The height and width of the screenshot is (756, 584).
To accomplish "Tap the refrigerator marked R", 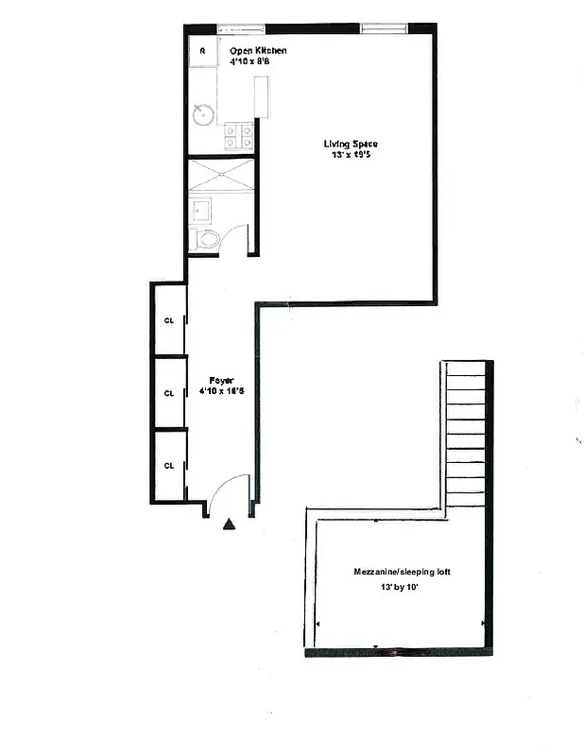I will pyautogui.click(x=202, y=51).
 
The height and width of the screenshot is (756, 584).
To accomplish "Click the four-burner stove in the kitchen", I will pyautogui.click(x=237, y=138).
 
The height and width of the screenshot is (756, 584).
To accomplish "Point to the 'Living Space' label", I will pyautogui.click(x=351, y=144).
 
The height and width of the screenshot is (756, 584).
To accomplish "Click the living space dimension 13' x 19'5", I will pyautogui.click(x=351, y=156).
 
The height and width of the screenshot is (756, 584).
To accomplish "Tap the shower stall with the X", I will pyautogui.click(x=221, y=175).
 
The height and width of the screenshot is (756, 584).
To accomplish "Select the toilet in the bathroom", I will pyautogui.click(x=206, y=238).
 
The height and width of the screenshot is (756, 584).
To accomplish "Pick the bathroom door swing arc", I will pyautogui.click(x=238, y=238).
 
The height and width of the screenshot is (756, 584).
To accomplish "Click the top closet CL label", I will pyautogui.click(x=169, y=319).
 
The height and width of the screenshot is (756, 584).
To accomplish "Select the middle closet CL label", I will pyautogui.click(x=169, y=392).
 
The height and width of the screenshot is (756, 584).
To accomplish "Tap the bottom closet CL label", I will pyautogui.click(x=169, y=465).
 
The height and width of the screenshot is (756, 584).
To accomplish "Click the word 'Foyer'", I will pyautogui.click(x=221, y=381).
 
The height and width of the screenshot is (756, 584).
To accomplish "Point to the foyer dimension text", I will pyautogui.click(x=221, y=393).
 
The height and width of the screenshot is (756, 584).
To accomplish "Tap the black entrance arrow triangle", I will pyautogui.click(x=228, y=523).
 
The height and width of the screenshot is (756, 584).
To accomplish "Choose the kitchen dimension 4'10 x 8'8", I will pyautogui.click(x=252, y=61).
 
